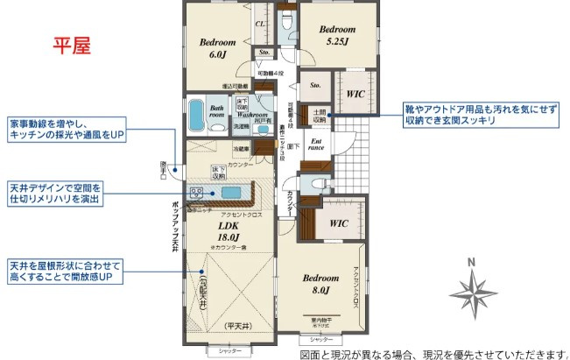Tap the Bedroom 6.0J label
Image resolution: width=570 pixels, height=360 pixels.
click(218, 48)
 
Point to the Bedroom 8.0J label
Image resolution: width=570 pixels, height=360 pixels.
click(320, 284)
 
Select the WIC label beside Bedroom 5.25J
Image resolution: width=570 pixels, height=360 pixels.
click(355, 94)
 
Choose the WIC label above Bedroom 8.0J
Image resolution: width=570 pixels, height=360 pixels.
click(340, 223)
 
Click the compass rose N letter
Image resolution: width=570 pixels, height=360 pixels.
click(471, 261)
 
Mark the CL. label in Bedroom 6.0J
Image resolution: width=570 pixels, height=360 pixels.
click(260, 25)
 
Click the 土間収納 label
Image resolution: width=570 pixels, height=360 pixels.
click(319, 115)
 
